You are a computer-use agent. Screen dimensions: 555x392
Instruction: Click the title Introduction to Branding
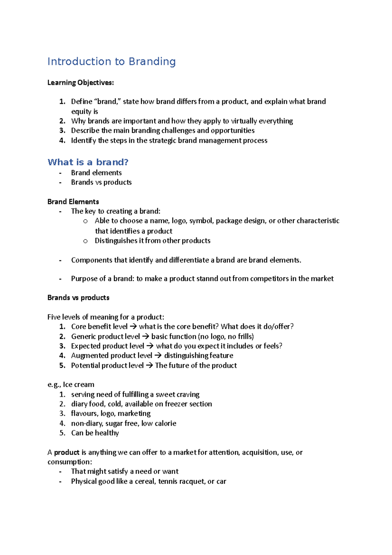[x=111, y=61]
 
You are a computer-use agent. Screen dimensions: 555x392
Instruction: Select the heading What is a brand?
[x=88, y=162]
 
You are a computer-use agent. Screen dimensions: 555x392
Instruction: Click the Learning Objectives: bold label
[x=80, y=83]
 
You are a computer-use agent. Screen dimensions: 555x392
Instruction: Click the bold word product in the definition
[x=67, y=452]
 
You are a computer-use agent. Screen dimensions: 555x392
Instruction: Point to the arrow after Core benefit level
[x=133, y=327]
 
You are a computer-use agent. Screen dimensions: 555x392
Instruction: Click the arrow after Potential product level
[x=149, y=365]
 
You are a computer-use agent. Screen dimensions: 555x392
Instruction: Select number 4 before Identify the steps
[x=62, y=141]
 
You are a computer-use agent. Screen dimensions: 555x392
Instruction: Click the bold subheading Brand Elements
[x=73, y=202]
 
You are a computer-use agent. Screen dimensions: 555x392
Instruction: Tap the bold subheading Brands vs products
[x=78, y=298]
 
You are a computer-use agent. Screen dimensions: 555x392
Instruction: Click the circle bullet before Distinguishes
[x=86, y=241]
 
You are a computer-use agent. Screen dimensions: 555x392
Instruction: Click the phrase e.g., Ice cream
[x=71, y=385]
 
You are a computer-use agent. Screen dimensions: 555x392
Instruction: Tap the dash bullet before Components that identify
[x=60, y=261]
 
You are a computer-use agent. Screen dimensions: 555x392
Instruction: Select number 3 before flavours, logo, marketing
[x=62, y=414]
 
